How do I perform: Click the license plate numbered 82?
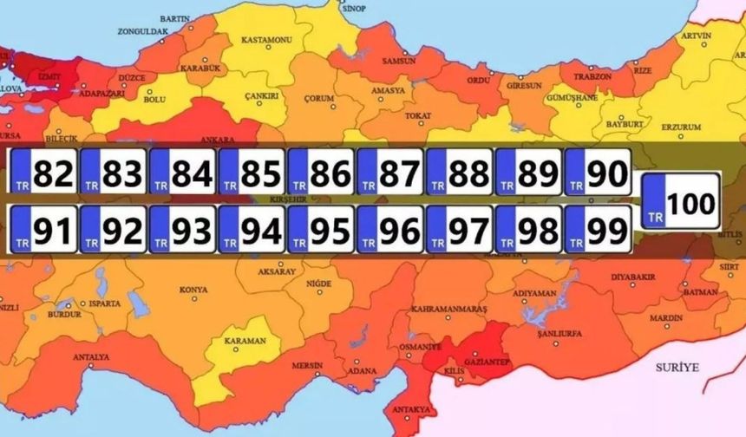coord(43,171)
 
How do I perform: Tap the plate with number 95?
coord(321,231)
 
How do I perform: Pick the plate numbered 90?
coord(598,171)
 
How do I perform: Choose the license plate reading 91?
coord(43,231)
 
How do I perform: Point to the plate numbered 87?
coord(390,171)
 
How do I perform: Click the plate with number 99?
coord(598,231)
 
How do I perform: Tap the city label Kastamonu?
coord(265,40)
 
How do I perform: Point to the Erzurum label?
coord(680,127)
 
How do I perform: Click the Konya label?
coord(193,289)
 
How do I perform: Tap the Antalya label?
coord(91,357)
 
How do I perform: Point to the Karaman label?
coord(245,341)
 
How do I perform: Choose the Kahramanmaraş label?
coord(448,309)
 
